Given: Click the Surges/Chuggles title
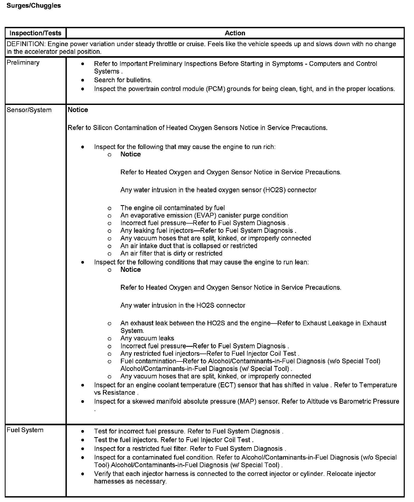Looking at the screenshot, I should click(x=34, y=6).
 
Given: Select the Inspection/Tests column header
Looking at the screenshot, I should click(x=35, y=33).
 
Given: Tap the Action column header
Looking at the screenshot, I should click(x=235, y=33).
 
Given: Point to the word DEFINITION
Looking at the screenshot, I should click(x=25, y=44).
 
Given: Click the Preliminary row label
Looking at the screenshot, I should click(x=23, y=62).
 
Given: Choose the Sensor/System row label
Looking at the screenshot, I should click(x=29, y=110).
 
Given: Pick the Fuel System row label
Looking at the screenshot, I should click(x=25, y=430).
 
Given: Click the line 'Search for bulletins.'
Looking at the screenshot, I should click(x=123, y=80).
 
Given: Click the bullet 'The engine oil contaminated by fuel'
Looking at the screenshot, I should click(x=172, y=208).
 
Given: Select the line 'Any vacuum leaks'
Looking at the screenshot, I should click(x=147, y=338).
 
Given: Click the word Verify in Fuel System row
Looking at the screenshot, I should click(x=102, y=474).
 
